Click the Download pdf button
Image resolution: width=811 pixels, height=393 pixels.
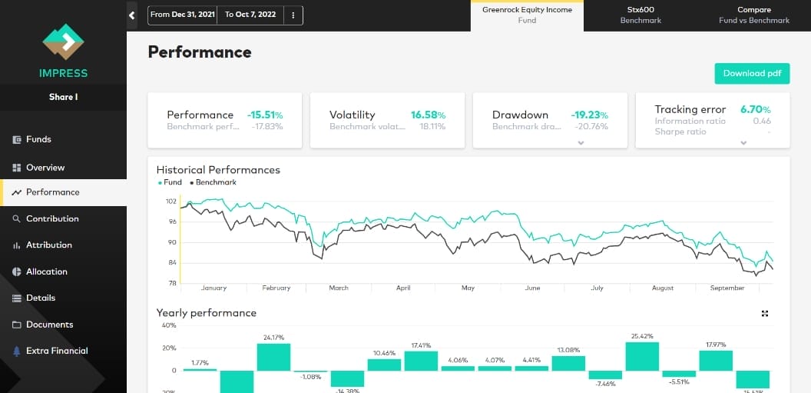click(x=752, y=73)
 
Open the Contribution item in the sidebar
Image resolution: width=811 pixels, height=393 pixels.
click(x=52, y=218)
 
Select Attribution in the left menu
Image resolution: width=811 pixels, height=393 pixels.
click(x=48, y=245)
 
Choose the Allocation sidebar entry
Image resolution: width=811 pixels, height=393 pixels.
click(x=46, y=271)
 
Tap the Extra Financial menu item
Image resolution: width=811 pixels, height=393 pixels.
click(x=56, y=351)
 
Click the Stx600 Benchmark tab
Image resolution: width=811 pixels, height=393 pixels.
click(x=641, y=15)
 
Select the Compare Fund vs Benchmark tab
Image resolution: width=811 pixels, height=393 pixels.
click(x=753, y=15)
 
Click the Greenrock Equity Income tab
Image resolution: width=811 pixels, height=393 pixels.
click(x=527, y=15)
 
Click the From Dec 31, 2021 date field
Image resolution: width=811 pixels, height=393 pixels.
click(x=182, y=15)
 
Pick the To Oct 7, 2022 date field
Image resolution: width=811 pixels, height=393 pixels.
click(x=250, y=15)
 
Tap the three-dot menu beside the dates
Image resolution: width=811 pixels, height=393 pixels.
click(x=293, y=15)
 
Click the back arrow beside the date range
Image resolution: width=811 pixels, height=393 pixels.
click(x=132, y=15)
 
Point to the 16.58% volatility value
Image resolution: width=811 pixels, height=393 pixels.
click(x=428, y=115)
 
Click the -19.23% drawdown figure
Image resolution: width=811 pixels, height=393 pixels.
click(x=589, y=115)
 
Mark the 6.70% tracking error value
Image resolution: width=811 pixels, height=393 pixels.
click(x=755, y=110)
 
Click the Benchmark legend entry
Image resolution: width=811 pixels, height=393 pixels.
click(x=214, y=182)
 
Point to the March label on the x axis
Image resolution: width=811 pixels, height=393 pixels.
click(x=339, y=288)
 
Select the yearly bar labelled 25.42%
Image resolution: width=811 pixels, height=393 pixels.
click(x=642, y=356)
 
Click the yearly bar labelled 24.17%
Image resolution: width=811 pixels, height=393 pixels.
click(x=273, y=357)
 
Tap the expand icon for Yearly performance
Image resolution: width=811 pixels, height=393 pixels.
click(x=765, y=313)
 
